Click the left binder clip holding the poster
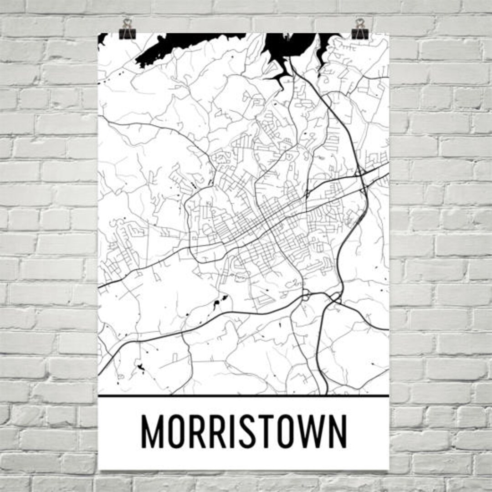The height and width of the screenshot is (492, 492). pyautogui.click(x=127, y=32)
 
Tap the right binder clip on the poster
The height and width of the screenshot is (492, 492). pyautogui.click(x=360, y=32)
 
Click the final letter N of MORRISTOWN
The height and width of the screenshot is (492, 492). pyautogui.click(x=338, y=431)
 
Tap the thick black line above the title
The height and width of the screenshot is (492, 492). pyautogui.click(x=244, y=396)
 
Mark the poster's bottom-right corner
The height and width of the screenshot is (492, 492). pyautogui.click(x=389, y=469)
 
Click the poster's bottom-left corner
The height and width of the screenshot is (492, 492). pyautogui.click(x=99, y=469)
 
